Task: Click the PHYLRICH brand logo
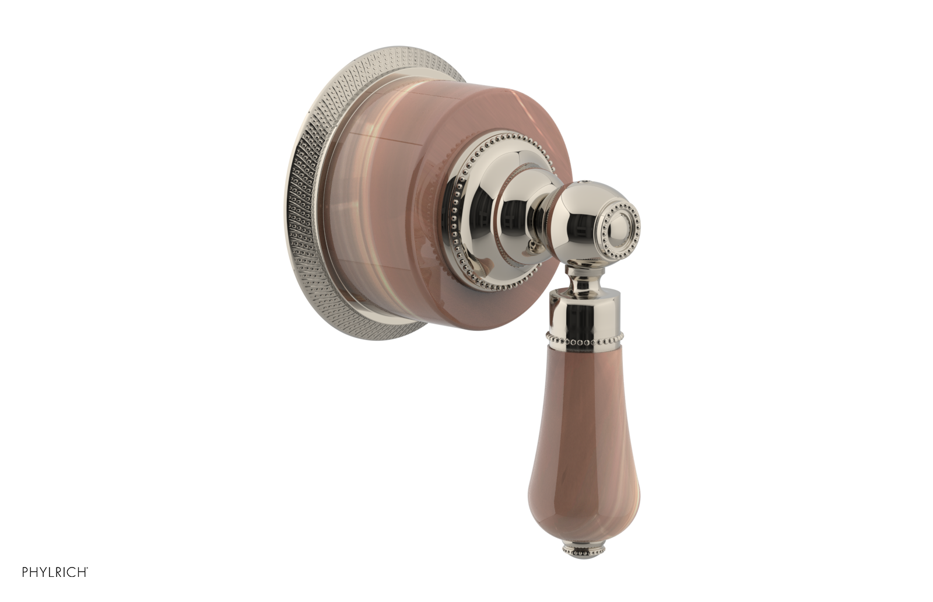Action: pos(55,572)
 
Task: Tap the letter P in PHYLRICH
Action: pos(25,572)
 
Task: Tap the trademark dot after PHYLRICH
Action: pos(88,568)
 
